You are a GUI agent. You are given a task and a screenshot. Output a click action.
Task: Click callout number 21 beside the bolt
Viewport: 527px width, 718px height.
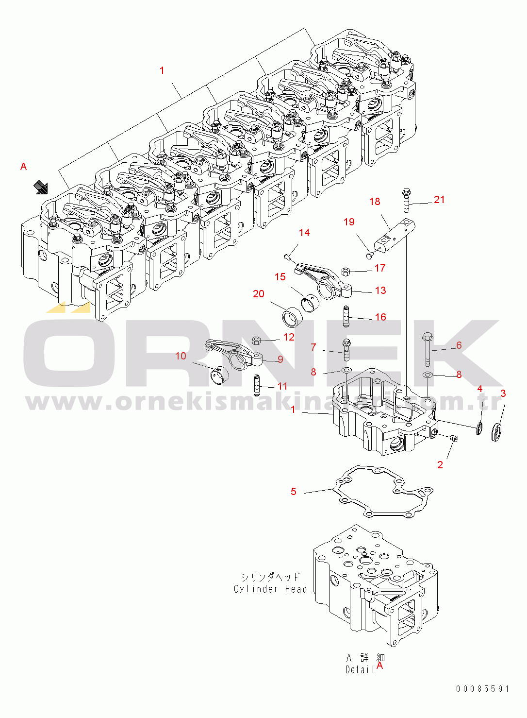point(439,200)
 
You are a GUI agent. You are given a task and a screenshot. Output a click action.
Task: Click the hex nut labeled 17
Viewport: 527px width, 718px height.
point(346,271)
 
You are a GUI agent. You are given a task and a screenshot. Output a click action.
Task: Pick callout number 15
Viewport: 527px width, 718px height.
point(280,277)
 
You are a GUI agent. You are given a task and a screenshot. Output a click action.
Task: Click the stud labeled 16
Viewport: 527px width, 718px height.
point(346,317)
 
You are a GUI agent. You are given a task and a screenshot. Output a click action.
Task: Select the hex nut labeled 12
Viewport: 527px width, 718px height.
point(257,340)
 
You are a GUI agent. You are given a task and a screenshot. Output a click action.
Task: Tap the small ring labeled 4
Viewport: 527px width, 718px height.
point(479,428)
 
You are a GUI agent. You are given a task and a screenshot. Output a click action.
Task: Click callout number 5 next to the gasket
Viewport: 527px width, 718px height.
point(294,492)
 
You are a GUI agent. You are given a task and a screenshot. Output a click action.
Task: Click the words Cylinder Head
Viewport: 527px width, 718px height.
point(270,589)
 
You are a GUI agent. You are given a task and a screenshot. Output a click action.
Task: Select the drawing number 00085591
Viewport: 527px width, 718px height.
point(482,688)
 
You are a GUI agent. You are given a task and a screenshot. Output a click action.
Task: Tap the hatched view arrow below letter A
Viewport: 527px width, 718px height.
point(41,187)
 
